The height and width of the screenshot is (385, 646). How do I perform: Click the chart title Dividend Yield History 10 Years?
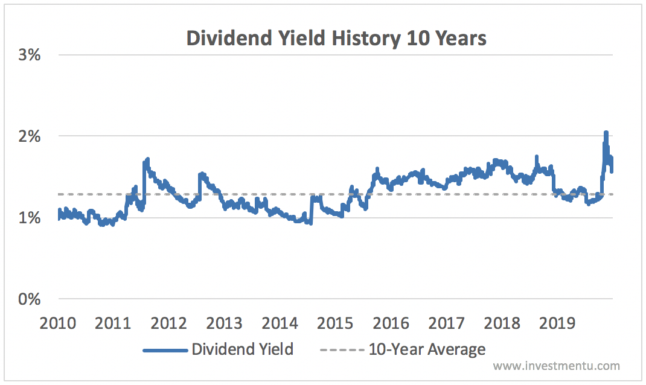pos(336,38)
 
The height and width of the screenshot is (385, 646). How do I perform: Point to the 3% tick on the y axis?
pos(30,55)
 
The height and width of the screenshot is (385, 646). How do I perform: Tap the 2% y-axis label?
pos(30,136)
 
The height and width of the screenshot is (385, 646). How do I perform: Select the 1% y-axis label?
pos(30,218)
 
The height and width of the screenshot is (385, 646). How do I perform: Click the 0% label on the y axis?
pos(30,299)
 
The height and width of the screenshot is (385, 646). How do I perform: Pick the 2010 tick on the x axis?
pos(58,323)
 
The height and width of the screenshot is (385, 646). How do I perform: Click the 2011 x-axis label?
pos(114,323)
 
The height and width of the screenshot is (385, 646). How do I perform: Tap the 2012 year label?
pos(169,323)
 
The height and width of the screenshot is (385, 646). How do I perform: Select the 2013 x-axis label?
pos(225,323)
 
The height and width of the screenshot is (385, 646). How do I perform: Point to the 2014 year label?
pos(280,323)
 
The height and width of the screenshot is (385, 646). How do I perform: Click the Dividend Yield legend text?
pos(243,349)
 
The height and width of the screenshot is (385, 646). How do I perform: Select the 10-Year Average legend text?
pos(427,349)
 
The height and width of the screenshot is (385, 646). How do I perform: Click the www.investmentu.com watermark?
pos(556,366)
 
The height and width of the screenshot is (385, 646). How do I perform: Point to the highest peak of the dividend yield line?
pos(606,133)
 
